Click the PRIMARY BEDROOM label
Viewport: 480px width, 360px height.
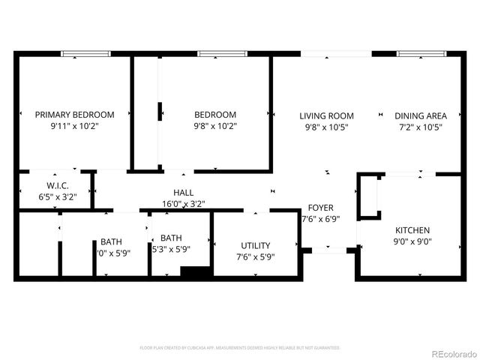[x=75, y=115]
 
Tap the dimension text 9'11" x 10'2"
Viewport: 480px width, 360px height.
[x=75, y=127]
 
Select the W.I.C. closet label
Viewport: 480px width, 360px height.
[x=58, y=185]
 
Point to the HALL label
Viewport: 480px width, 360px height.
[x=184, y=192]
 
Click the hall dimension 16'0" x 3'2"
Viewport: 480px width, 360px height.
[x=184, y=203]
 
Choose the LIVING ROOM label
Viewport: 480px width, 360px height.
[x=326, y=115]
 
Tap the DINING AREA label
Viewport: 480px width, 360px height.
[x=421, y=115]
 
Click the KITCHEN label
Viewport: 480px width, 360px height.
[x=412, y=229]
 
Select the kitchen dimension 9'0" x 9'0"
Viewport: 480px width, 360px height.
[x=412, y=241]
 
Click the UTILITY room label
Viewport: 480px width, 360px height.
[x=256, y=245]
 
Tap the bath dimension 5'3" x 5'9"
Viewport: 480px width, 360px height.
[x=171, y=250]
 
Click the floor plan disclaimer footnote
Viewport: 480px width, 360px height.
[x=240, y=348]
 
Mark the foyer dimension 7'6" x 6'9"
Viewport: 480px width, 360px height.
[x=320, y=220]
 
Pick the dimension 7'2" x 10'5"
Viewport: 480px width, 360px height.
[x=421, y=127]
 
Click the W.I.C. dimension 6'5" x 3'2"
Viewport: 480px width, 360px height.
[x=58, y=197]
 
